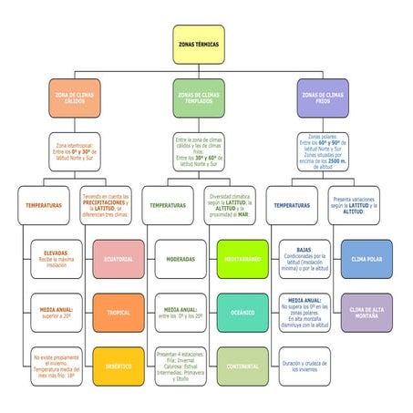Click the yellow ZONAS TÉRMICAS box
[198, 44]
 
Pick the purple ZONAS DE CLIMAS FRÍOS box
[322, 97]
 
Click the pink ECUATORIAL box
[119, 259]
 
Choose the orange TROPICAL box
[119, 313]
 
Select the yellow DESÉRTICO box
[119, 367]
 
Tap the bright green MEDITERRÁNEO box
[243, 259]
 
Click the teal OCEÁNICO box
[243, 313]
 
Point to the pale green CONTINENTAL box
[243, 367]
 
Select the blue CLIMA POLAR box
[367, 259]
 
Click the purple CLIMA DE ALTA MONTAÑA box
[367, 313]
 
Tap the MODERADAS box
[180, 259]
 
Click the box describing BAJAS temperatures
[305, 259]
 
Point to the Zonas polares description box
[322, 152]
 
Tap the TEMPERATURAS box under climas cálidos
[44, 205]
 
